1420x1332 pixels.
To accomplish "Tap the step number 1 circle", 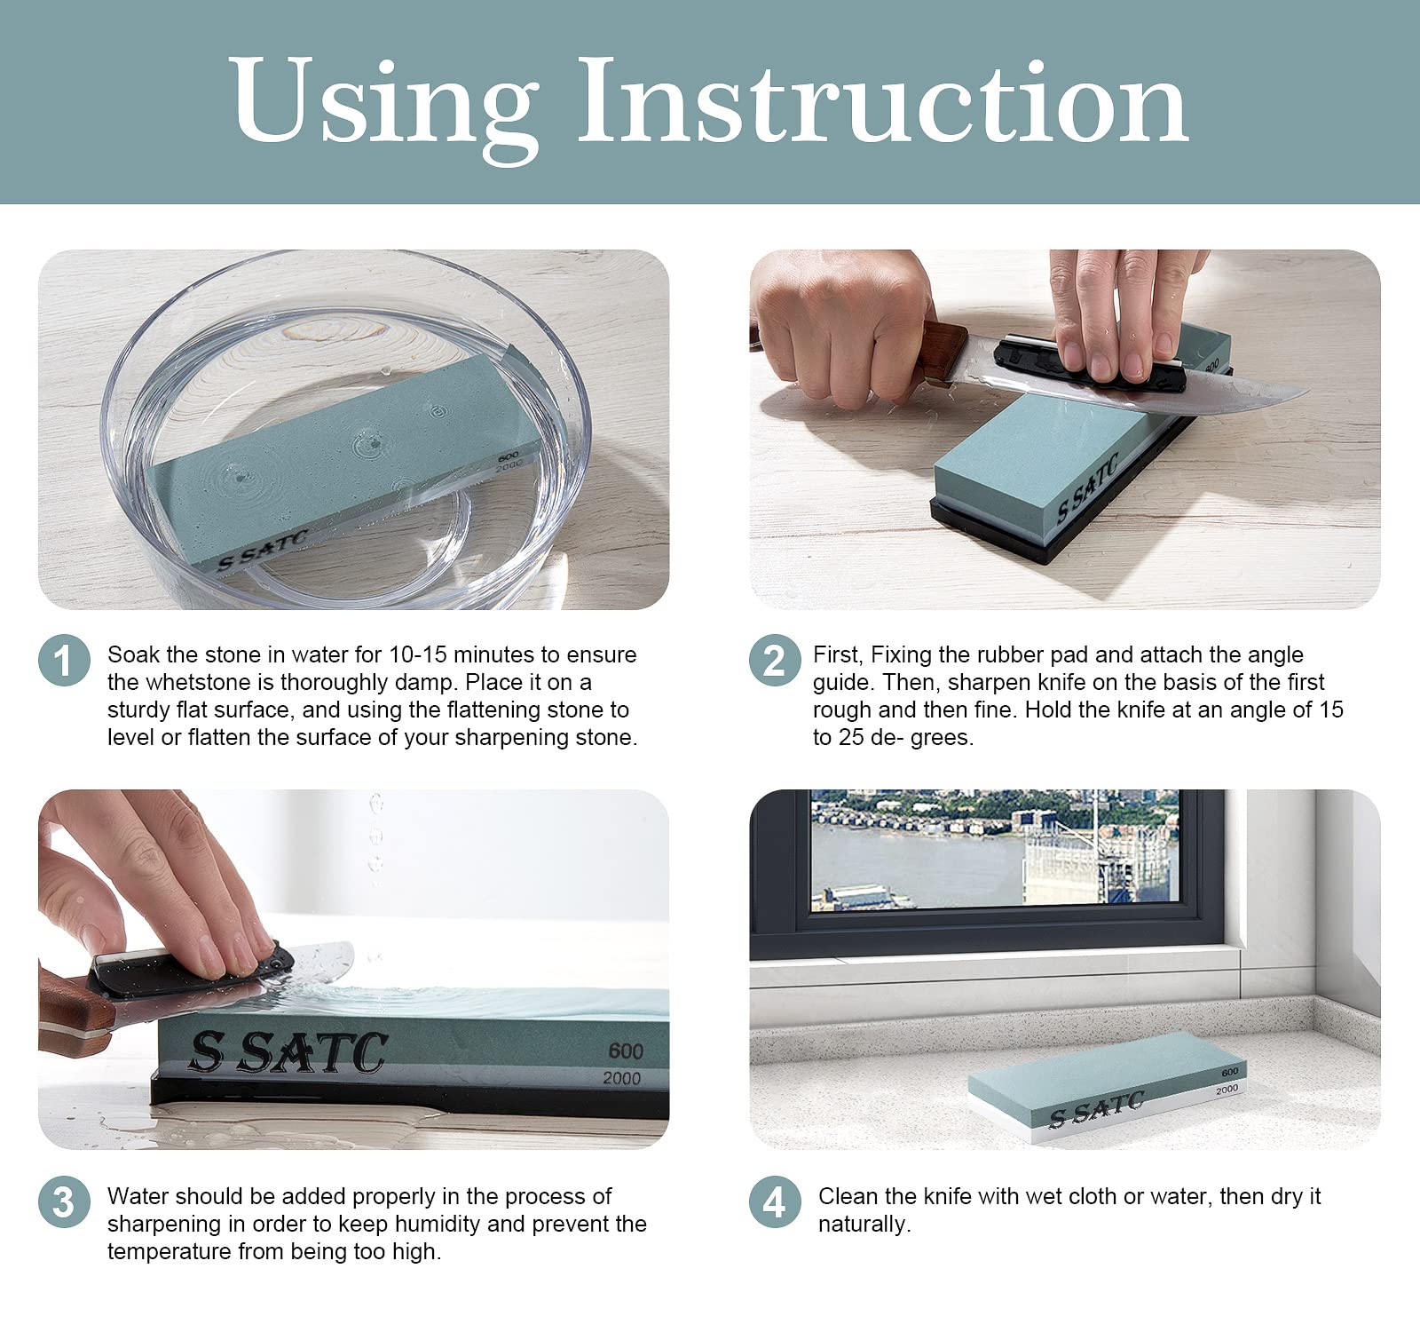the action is (65, 661).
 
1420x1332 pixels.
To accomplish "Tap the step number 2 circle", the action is (775, 661).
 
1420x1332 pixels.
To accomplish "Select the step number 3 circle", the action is (65, 1202).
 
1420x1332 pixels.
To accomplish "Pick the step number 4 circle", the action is (775, 1202).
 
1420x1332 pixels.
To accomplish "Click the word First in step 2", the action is (837, 655).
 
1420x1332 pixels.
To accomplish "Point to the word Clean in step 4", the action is (847, 1196).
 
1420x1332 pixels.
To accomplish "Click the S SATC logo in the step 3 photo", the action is (289, 1053).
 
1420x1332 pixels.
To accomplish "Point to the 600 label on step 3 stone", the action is (626, 1051).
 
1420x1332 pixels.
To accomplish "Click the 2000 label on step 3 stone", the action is (620, 1079).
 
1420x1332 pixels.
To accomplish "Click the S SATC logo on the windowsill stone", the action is (1096, 1109).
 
